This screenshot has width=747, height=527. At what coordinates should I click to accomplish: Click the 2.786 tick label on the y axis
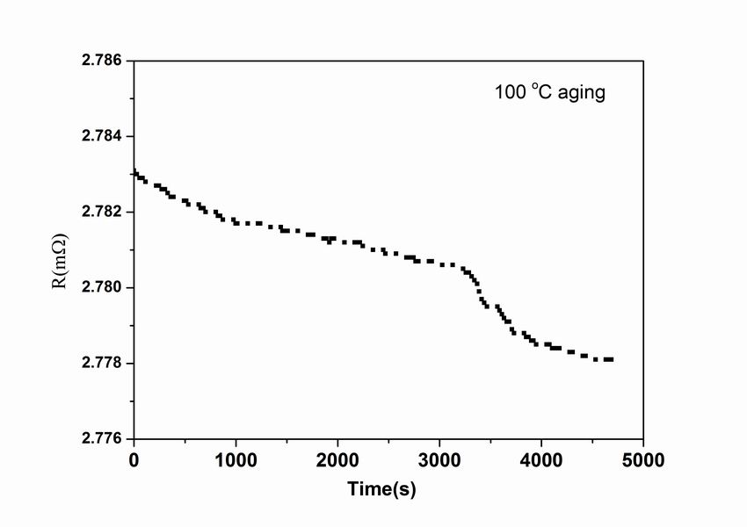(x=100, y=61)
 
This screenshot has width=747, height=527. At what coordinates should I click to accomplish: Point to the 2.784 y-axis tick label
(x=100, y=137)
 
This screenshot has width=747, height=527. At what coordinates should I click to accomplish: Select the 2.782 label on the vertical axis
(x=100, y=213)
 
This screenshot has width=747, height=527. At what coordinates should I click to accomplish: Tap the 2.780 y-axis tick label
(x=100, y=288)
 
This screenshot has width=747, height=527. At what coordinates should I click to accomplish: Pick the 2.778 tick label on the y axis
(x=100, y=364)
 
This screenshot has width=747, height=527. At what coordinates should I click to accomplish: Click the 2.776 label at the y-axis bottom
(x=100, y=439)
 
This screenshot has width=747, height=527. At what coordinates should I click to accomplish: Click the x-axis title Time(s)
(x=381, y=489)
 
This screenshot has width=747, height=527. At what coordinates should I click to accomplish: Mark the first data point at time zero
(x=134, y=172)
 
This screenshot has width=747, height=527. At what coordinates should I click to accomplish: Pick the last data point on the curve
(x=610, y=359)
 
